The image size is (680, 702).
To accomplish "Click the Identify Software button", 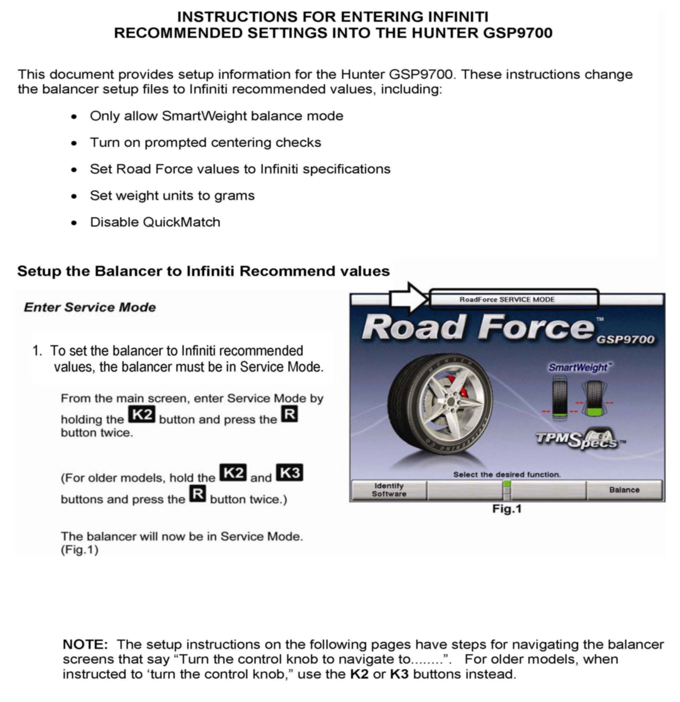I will tap(389, 490).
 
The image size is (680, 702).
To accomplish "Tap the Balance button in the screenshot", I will tap(624, 490).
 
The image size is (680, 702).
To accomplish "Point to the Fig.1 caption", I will tap(507, 509).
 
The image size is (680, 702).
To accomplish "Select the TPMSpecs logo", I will tap(579, 439).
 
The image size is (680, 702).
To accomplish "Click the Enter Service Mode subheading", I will tap(90, 307).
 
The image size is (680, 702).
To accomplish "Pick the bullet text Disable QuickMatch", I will tap(155, 222).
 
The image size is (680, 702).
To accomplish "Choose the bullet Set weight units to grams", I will tap(172, 196).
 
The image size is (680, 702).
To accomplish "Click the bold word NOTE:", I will tap(85, 644).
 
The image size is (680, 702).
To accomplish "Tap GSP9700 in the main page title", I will tap(517, 33).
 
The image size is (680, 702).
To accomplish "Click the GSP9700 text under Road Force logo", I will tap(625, 340).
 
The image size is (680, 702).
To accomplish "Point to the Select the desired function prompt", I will tap(507, 475).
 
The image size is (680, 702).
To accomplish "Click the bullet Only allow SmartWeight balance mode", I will tap(216, 116).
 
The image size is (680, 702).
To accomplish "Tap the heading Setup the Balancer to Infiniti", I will tap(203, 271).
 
